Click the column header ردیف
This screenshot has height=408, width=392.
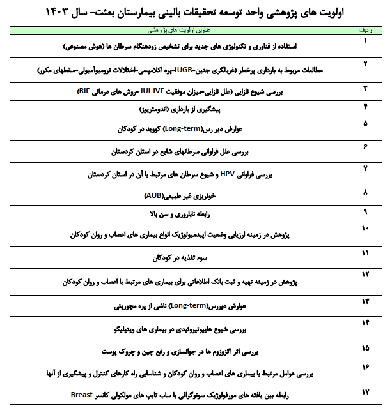366,30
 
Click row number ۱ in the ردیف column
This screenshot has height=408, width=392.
366,42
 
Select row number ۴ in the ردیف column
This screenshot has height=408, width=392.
366,105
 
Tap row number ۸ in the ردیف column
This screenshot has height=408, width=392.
366,192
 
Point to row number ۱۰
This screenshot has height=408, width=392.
366,228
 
